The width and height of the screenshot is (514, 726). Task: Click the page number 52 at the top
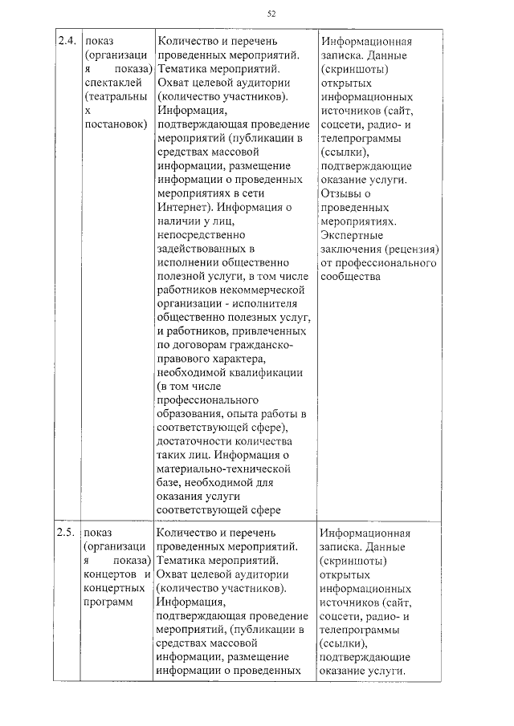(x=271, y=14)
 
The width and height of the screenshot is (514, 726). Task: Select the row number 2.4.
(x=67, y=41)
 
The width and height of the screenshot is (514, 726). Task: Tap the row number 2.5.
(x=67, y=533)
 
